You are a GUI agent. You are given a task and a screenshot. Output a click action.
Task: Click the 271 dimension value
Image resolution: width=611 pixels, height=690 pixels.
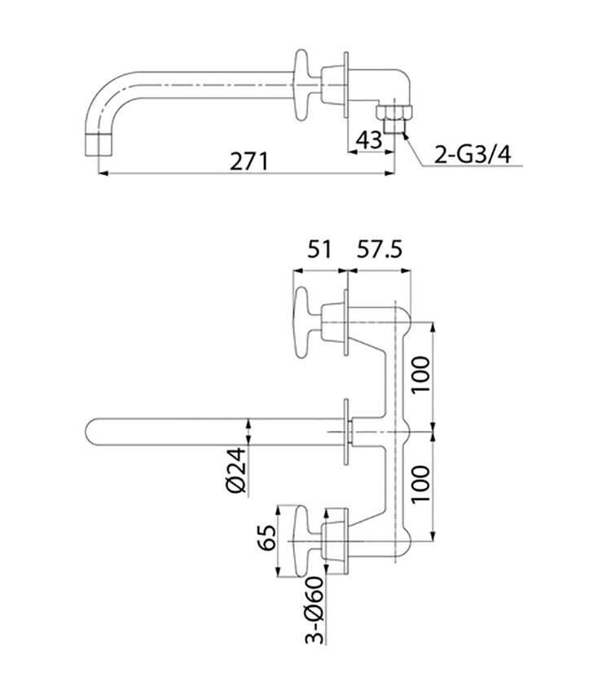tap(249, 161)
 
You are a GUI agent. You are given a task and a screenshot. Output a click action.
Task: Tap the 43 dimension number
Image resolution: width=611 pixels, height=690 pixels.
tap(369, 140)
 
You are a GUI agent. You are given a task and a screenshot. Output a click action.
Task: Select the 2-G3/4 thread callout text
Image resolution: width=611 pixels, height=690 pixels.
tap(473, 155)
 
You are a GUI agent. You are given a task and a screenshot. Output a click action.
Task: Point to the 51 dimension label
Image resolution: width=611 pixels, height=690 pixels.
tap(319, 249)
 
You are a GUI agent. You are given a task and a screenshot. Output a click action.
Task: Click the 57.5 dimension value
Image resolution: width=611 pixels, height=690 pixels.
tap(380, 249)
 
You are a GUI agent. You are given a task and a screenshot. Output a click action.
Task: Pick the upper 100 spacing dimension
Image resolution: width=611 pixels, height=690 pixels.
tap(421, 376)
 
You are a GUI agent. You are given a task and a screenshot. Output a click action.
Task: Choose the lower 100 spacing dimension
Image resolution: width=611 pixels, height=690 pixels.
tap(421, 484)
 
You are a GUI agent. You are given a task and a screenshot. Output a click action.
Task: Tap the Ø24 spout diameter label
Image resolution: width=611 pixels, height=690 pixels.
tap(238, 470)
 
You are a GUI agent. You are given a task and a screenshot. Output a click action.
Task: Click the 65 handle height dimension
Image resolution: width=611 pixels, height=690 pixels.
tap(268, 538)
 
